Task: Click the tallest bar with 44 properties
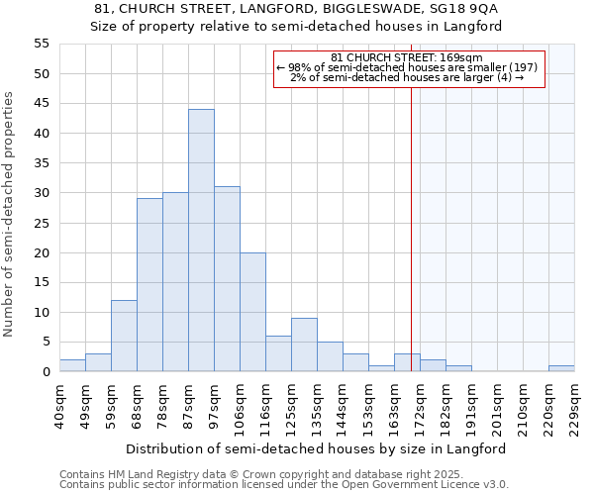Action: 201,241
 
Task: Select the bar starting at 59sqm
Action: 124,336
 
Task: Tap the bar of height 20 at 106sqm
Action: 252,312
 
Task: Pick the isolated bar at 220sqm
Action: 560,368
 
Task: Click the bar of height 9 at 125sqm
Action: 304,345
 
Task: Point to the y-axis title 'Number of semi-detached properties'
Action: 10,214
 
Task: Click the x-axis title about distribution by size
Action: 316,448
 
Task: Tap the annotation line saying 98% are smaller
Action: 409,67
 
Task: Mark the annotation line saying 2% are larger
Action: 409,77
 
